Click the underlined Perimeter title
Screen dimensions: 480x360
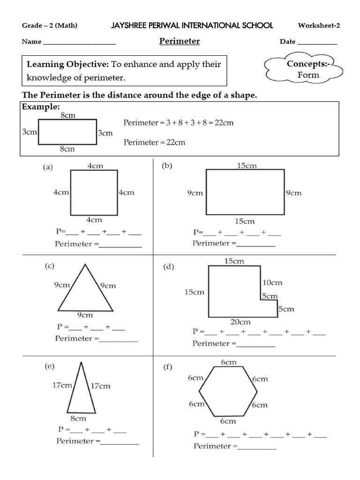click(180, 41)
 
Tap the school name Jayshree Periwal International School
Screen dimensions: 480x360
click(192, 25)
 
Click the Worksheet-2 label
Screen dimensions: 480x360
click(319, 25)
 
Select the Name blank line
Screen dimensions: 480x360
click(79, 44)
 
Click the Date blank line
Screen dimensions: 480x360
click(317, 44)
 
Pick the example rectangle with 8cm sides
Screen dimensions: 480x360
click(67, 132)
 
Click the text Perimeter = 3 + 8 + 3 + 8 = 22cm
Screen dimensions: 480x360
click(178, 123)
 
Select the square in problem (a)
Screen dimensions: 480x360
click(94, 192)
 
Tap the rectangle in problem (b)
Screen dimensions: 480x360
click(245, 192)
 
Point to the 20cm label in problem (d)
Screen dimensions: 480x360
click(240, 322)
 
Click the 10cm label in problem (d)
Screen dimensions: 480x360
click(272, 283)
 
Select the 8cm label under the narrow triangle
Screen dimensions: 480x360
click(78, 419)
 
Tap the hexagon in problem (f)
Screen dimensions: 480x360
click(226, 391)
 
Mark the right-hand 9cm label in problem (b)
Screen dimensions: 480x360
click(294, 193)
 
